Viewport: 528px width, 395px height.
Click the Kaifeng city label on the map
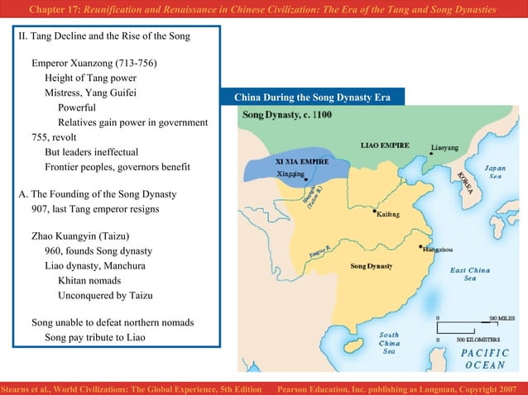click(388, 214)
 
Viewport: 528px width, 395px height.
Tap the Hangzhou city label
click(439, 248)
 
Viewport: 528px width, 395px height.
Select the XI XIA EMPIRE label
click(301, 161)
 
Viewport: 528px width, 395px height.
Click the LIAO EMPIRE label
click(384, 145)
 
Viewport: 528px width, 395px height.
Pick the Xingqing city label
click(290, 174)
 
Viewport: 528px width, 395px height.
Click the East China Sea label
click(469, 274)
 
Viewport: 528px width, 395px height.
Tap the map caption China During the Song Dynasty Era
click(312, 98)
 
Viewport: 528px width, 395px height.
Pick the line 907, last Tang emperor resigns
click(95, 209)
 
